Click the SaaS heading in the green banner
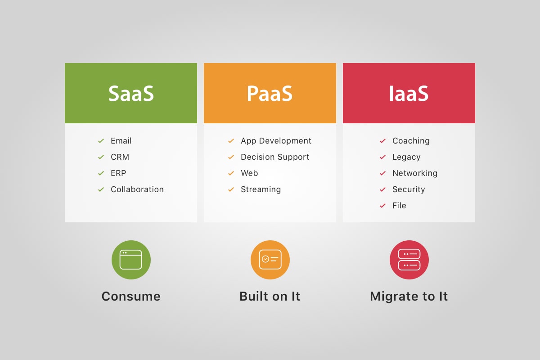(x=131, y=94)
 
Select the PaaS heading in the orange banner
(x=270, y=94)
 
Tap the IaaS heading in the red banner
(x=409, y=94)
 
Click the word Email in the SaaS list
(x=121, y=141)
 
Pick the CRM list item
(x=120, y=157)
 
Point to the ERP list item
(x=118, y=173)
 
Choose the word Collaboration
(x=137, y=189)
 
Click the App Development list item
(x=276, y=141)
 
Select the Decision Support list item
(x=275, y=157)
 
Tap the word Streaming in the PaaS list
(x=261, y=189)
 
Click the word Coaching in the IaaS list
(x=411, y=141)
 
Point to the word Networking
(x=414, y=173)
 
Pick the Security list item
(x=409, y=189)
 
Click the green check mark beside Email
(x=101, y=141)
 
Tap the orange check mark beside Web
(x=231, y=173)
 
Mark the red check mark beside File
(x=382, y=206)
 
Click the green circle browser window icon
(x=131, y=260)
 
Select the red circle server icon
(x=409, y=260)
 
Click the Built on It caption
(x=270, y=296)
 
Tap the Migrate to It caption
(x=409, y=296)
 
